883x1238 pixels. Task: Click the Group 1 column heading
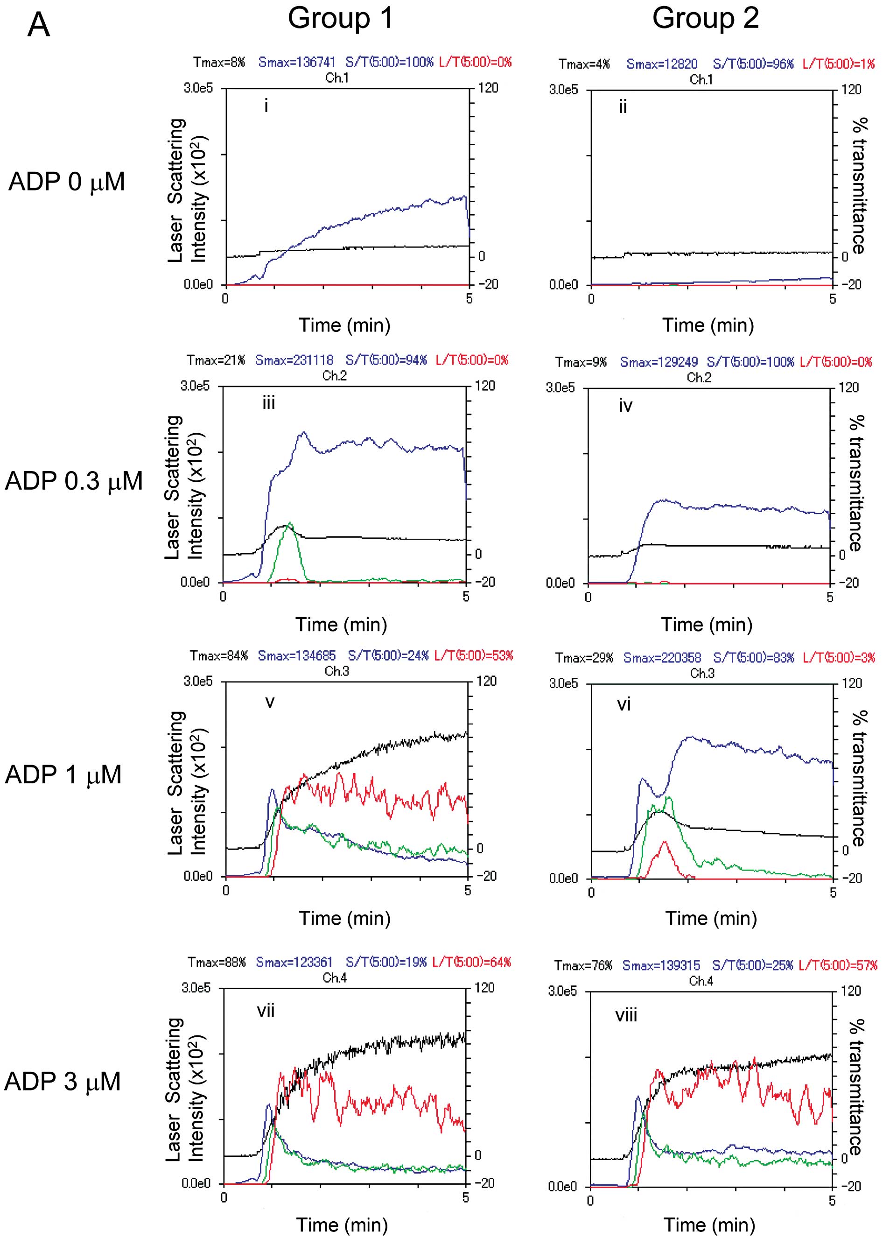coord(340,19)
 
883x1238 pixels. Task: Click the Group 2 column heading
coord(705,19)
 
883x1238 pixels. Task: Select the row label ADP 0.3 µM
coord(73,481)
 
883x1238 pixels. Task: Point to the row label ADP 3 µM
coord(63,1082)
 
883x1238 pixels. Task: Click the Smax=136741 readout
coord(297,62)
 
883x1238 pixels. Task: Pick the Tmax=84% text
coord(218,656)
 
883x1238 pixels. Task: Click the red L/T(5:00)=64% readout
coord(471,963)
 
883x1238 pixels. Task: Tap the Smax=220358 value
coord(662,658)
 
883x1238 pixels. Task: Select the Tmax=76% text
coord(583,965)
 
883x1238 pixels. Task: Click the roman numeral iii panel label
coord(269,403)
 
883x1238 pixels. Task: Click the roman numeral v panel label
coord(270,702)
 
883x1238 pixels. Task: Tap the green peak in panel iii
coord(290,524)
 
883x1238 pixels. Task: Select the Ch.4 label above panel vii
coord(334,978)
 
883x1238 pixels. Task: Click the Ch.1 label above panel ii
coord(701,79)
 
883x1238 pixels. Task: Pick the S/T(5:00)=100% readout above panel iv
coord(750,362)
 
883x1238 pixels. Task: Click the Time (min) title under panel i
coord(344,325)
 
